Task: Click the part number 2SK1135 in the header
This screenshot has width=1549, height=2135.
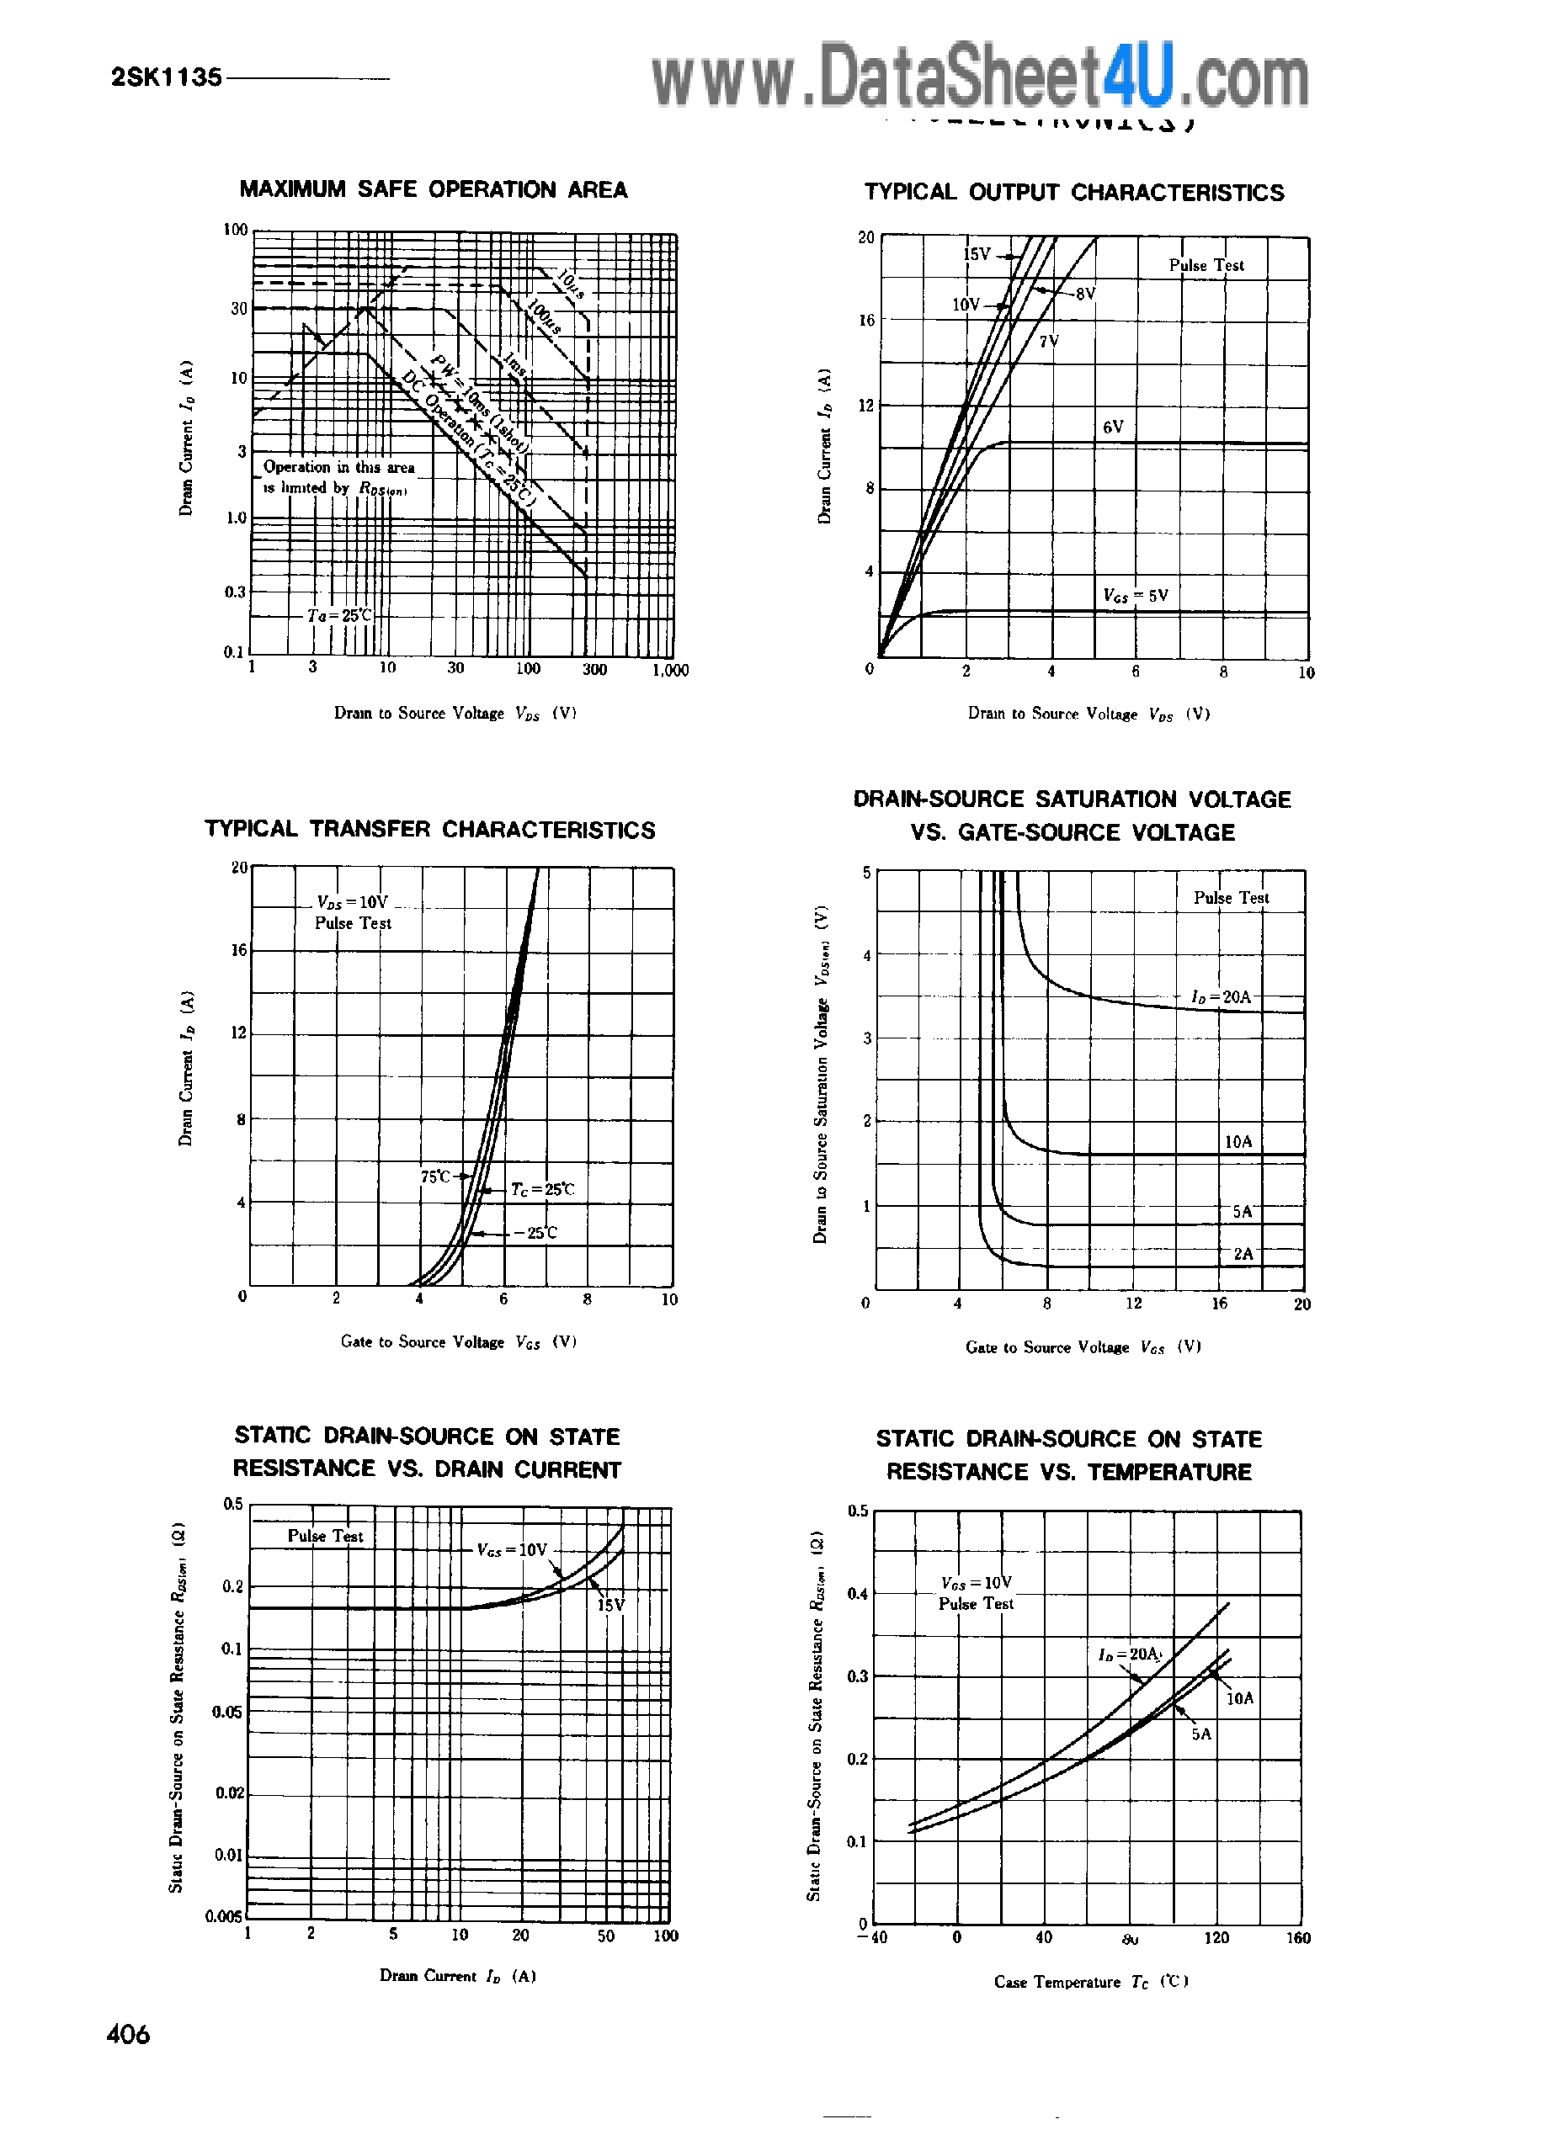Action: pos(167,77)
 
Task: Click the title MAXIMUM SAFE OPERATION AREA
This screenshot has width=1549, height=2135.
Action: pos(434,190)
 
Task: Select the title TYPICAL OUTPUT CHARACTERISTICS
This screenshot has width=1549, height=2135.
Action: pos(1073,193)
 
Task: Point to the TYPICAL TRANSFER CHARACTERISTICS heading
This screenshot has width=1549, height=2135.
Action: pos(429,829)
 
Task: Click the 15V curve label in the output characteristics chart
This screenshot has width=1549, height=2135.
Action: pos(977,254)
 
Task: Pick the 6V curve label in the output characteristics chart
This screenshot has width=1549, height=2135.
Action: pos(1113,428)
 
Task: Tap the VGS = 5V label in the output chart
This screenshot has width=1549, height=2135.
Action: pos(1136,595)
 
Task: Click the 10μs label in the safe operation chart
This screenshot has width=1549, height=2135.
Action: pos(570,284)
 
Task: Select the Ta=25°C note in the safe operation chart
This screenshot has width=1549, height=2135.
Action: pos(340,616)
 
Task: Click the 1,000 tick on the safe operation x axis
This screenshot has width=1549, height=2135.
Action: pos(669,670)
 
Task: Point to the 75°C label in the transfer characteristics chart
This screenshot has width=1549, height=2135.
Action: pos(435,1176)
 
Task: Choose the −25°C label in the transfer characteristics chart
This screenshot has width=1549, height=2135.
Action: pos(535,1232)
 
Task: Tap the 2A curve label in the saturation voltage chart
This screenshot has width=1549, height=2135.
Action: pos(1243,1254)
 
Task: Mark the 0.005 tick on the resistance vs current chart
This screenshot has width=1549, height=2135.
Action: pos(224,1916)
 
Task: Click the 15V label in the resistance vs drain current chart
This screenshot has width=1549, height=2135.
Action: pos(610,1605)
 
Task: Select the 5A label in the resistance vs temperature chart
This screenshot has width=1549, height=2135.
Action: pos(1200,1734)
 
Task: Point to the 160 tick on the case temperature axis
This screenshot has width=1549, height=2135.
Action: pos(1297,1937)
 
